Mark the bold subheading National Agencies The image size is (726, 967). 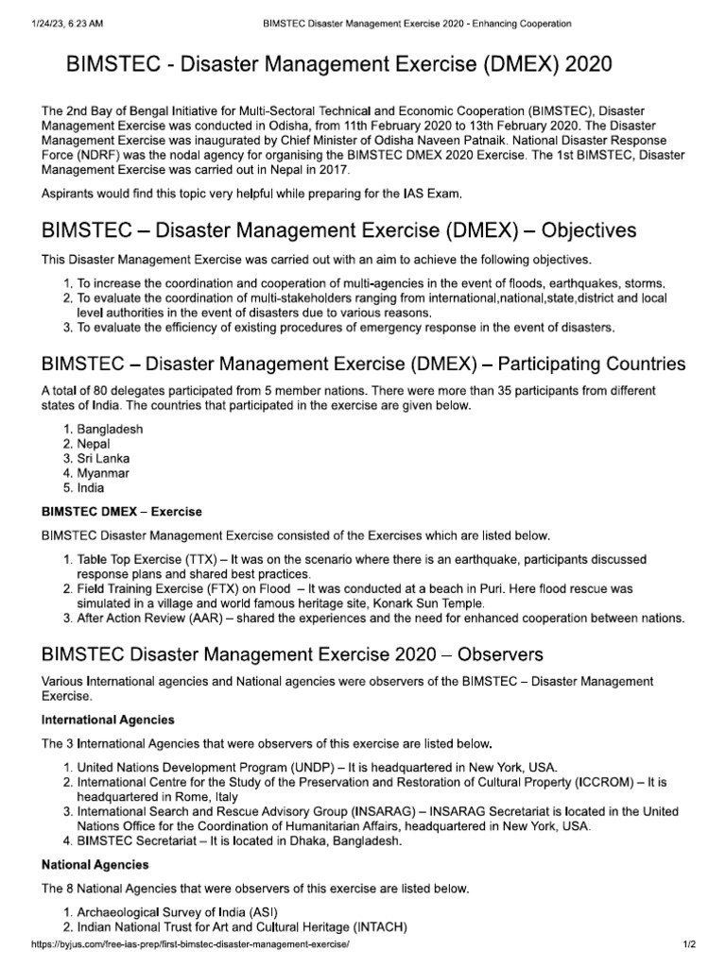[x=95, y=864]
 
